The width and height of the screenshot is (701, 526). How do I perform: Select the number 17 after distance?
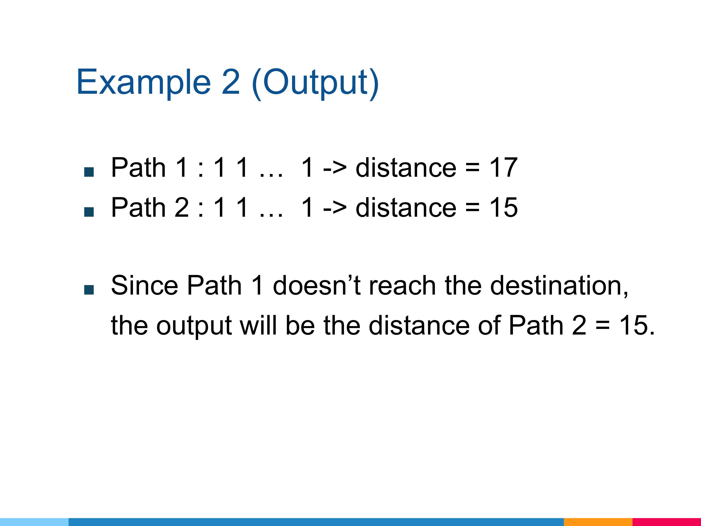504,167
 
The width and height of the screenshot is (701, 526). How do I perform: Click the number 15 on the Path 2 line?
504,207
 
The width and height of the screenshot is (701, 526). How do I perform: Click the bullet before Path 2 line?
89,212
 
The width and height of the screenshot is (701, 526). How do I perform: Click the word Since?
145,285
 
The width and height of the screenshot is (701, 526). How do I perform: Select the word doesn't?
317,285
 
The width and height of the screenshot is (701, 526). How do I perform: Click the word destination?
559,286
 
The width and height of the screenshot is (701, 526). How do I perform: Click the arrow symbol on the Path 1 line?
335,168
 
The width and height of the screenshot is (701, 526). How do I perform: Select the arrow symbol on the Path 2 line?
335,208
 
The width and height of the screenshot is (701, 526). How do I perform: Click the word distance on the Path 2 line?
406,207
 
